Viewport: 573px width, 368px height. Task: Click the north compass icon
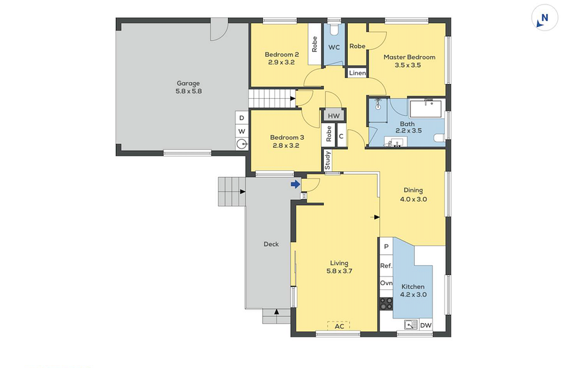pos(544,18)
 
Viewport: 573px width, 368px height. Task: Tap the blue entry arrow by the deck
pos(295,185)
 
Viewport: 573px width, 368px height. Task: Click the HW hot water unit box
pos(333,116)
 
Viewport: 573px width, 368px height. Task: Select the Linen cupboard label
pos(357,73)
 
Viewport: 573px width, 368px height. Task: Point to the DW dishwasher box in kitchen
pos(425,325)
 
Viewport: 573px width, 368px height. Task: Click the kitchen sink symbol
pos(411,324)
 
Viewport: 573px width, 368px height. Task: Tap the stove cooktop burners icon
pos(386,304)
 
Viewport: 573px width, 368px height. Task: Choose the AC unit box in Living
pos(339,325)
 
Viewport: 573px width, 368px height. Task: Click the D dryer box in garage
pos(241,118)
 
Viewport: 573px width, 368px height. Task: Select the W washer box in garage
pos(241,131)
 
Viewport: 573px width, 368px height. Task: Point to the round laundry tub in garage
pos(241,144)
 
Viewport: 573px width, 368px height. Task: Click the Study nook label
pos(328,160)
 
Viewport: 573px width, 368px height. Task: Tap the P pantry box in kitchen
pos(386,247)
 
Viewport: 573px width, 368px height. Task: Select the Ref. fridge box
pos(386,266)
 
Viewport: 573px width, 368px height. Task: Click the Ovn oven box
pos(386,283)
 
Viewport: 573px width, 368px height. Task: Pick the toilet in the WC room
pos(334,29)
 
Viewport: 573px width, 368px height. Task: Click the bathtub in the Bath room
pos(425,109)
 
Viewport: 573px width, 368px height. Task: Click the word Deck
pos(271,244)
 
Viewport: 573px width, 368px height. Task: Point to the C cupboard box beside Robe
pos(341,136)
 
